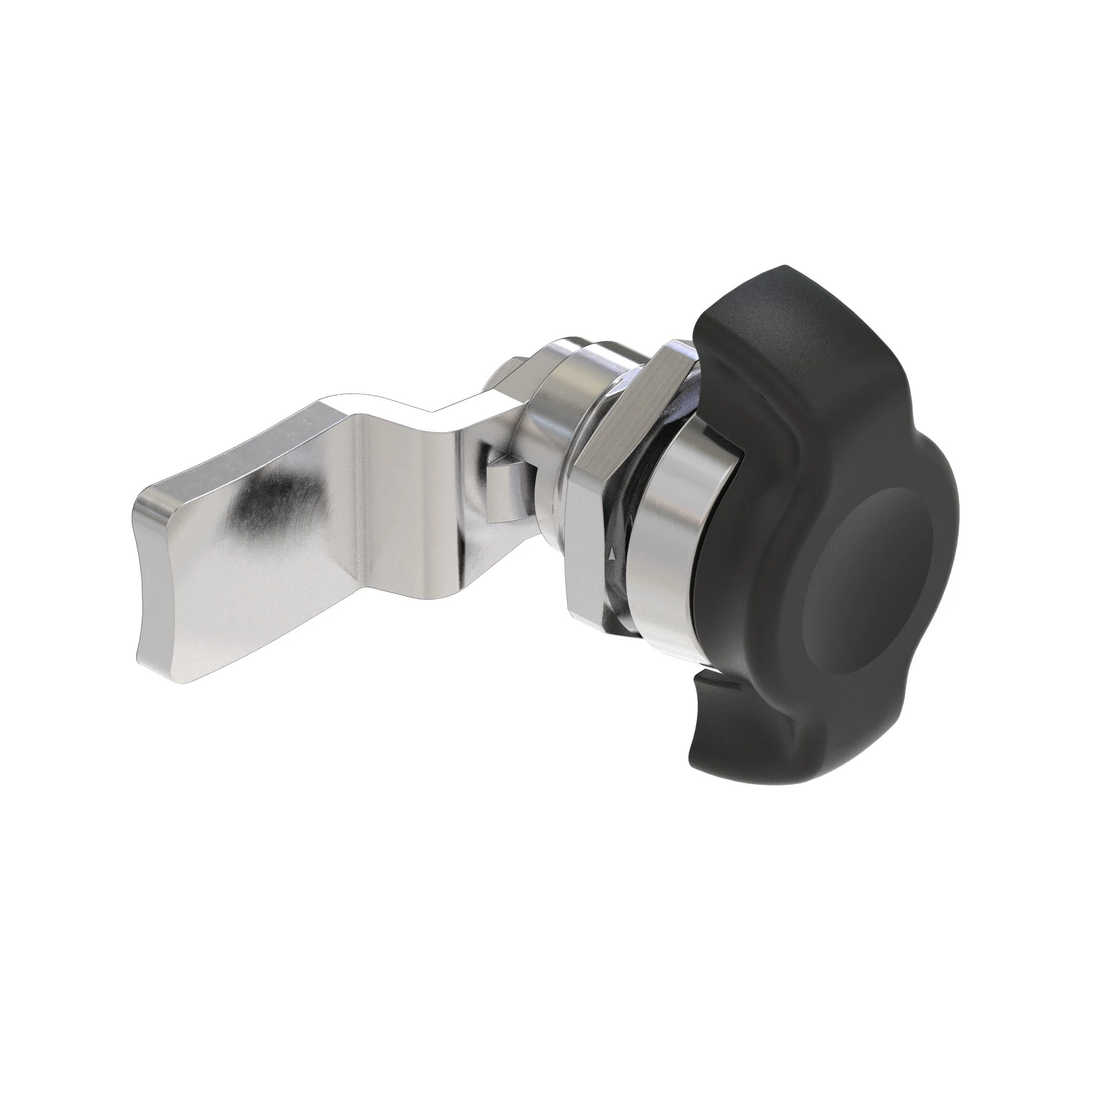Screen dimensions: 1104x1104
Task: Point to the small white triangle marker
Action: pyautogui.click(x=613, y=554)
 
